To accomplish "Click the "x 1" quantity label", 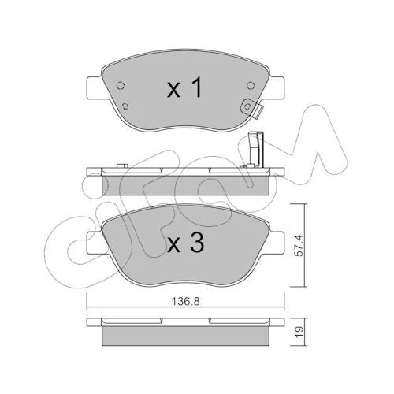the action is [185, 88].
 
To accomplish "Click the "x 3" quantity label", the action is [185, 243].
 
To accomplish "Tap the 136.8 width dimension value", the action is [186, 302].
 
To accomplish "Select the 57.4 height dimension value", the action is [299, 246].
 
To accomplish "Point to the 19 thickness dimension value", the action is [299, 332].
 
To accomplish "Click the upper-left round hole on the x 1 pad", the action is [120, 85].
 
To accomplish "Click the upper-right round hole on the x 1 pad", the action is [251, 85].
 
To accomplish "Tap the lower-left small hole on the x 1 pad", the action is [126, 106].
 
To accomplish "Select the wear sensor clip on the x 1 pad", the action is [251, 108].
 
